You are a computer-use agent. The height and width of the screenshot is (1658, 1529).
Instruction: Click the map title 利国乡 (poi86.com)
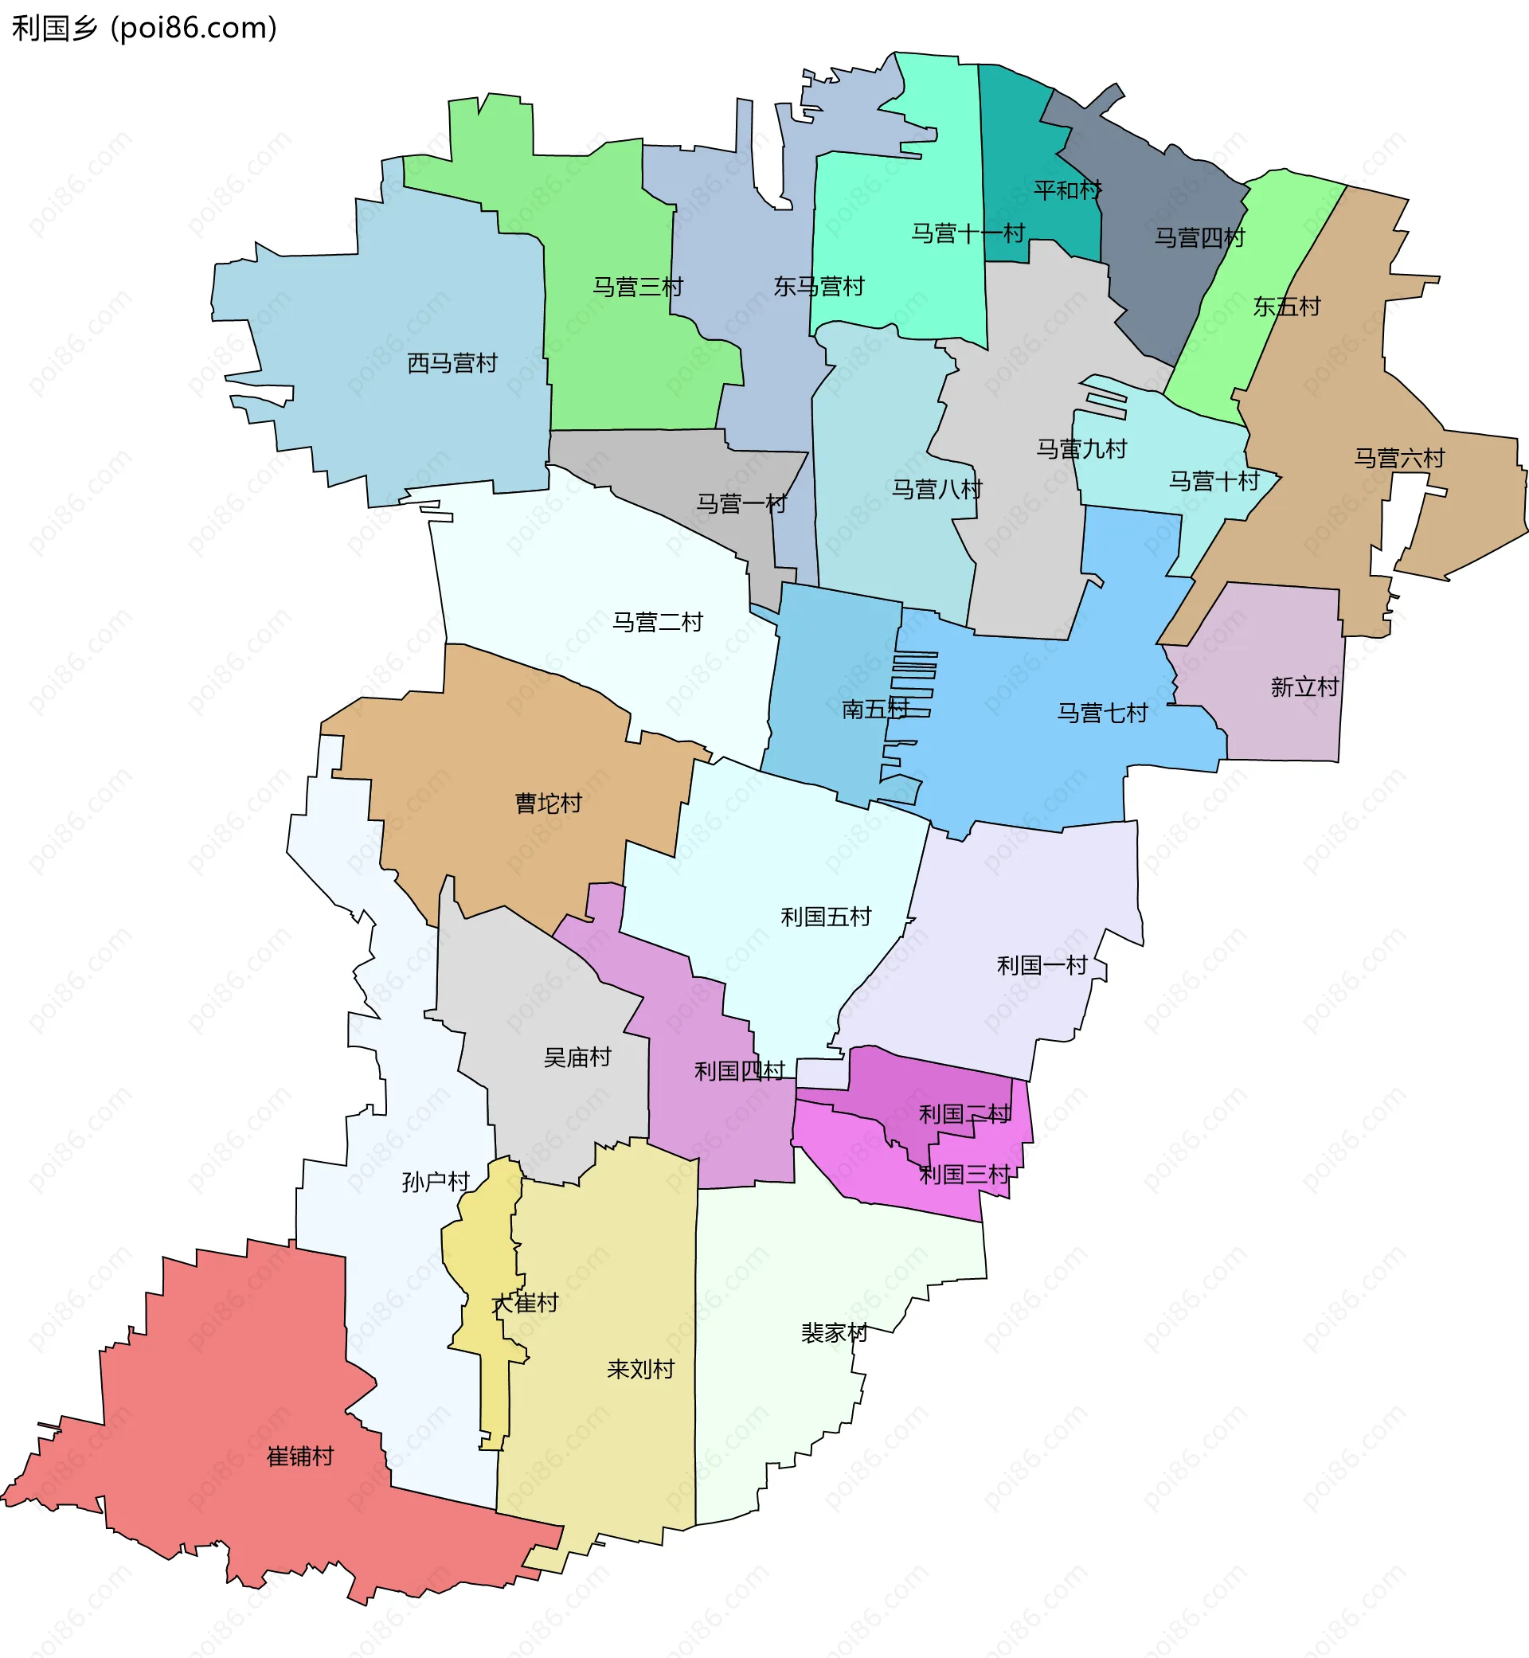(144, 28)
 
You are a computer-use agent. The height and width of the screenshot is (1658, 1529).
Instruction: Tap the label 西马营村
(452, 362)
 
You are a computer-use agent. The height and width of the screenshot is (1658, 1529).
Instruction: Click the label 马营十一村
(968, 233)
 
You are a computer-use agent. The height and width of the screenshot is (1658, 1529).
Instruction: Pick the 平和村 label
(1067, 190)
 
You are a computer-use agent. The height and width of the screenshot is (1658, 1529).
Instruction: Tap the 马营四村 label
(1199, 237)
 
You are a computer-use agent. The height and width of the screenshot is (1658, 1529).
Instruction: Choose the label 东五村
(1287, 306)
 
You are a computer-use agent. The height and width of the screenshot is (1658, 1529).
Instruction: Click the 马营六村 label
(1398, 458)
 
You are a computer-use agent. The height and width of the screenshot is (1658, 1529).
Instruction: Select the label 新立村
(1304, 686)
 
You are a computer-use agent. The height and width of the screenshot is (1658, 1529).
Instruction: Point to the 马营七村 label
(1101, 713)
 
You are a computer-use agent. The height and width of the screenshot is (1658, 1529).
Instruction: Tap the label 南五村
(874, 708)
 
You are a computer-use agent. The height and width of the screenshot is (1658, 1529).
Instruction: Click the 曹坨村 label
(548, 803)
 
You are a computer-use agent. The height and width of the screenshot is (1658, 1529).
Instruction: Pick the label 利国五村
(826, 916)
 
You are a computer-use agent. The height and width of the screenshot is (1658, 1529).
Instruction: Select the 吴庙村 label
(577, 1057)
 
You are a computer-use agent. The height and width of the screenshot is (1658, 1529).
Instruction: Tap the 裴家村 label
(833, 1332)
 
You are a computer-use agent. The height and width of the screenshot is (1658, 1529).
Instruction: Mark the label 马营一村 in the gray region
(741, 503)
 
